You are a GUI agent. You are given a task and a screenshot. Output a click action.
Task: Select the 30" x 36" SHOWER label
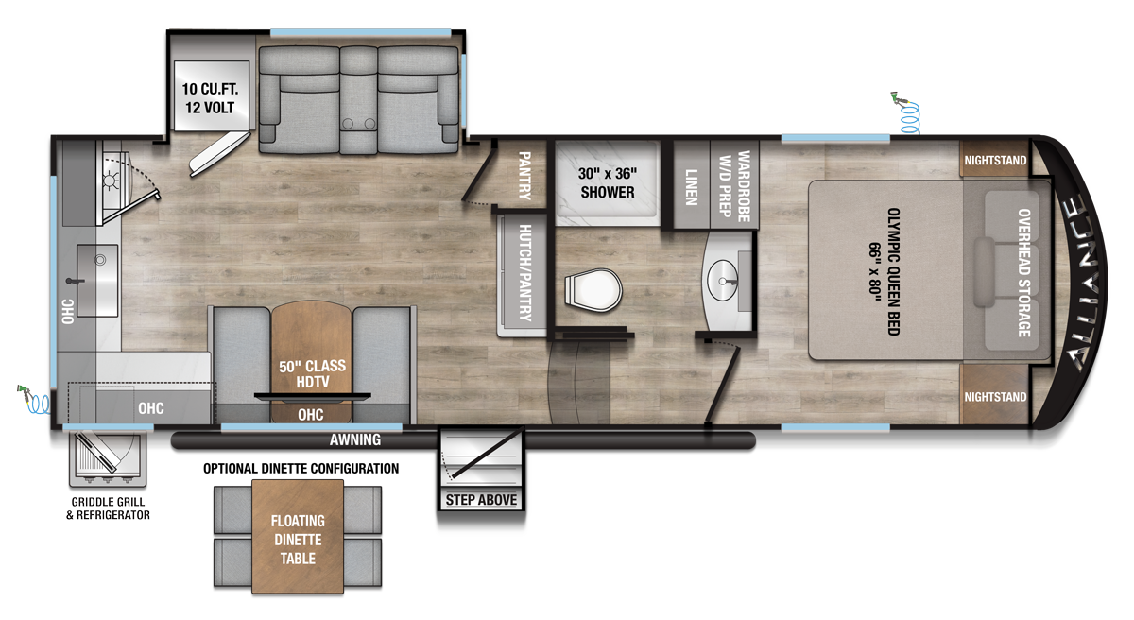[x=607, y=182]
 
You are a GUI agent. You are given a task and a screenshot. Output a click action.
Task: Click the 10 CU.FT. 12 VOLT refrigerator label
[x=215, y=99]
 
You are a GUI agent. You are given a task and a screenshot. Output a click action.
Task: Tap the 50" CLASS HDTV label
[x=312, y=373]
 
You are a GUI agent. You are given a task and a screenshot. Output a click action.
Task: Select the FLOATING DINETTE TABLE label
[x=298, y=539]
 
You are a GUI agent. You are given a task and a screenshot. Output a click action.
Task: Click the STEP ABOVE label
[x=481, y=499]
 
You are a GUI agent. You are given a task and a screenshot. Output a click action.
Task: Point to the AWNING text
[x=355, y=439]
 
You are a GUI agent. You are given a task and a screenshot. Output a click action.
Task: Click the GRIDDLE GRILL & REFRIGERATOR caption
[x=110, y=508]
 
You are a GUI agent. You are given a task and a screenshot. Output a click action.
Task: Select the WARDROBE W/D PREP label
[x=734, y=185]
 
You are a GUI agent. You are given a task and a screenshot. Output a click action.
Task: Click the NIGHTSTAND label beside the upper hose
[x=995, y=161]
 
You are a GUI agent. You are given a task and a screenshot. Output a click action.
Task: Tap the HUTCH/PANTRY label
[x=525, y=273]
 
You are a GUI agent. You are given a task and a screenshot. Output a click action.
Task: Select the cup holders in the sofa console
[x=357, y=123]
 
